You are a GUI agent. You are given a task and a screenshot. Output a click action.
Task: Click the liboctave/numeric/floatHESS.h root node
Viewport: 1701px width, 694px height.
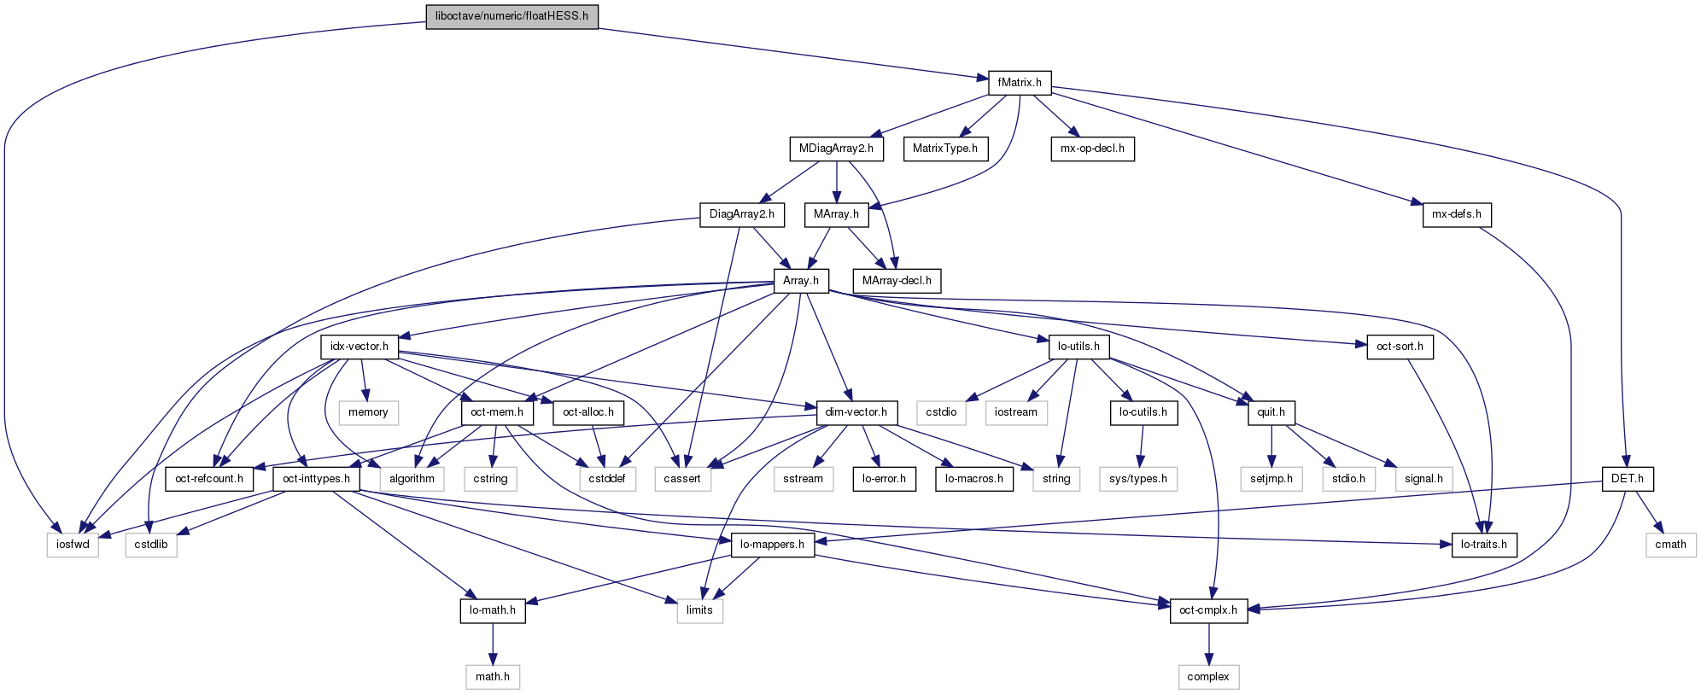(x=511, y=16)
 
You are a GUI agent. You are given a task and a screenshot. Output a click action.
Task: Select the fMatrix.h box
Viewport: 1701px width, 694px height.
(x=1020, y=83)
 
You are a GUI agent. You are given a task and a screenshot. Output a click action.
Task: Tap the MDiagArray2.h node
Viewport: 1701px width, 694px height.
(x=836, y=149)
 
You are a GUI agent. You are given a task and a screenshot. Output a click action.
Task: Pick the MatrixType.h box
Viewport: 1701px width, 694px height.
(x=944, y=149)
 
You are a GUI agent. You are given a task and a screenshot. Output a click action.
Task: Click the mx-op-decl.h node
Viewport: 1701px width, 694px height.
(x=1092, y=149)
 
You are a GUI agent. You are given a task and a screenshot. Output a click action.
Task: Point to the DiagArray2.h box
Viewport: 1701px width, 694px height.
(x=741, y=214)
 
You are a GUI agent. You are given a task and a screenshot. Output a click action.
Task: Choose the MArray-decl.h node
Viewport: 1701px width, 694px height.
(x=897, y=280)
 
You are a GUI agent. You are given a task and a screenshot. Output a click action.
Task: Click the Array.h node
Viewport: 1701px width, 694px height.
(x=801, y=280)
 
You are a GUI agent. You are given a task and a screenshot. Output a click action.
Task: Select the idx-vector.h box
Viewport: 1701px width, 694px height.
(x=359, y=347)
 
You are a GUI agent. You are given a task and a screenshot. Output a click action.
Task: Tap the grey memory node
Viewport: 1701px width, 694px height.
(x=368, y=412)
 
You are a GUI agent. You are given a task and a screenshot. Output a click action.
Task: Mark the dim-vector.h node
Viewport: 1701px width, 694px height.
(x=856, y=412)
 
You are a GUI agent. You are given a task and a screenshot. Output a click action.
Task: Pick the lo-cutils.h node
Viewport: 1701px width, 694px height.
(x=1143, y=412)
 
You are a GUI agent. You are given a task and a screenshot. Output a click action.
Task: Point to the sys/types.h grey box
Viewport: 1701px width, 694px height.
(x=1138, y=479)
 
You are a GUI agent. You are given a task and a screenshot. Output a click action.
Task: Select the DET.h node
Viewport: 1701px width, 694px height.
(x=1627, y=479)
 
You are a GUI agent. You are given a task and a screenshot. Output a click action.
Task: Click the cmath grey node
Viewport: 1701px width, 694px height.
(x=1670, y=545)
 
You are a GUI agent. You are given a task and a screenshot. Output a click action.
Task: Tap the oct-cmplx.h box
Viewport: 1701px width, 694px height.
(x=1207, y=610)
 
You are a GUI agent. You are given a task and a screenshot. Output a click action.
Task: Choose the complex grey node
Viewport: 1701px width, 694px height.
(x=1208, y=677)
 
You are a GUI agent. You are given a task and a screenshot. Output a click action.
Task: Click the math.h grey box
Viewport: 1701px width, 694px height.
(x=493, y=677)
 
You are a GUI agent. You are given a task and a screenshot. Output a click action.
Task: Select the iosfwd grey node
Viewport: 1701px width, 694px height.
(x=73, y=545)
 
